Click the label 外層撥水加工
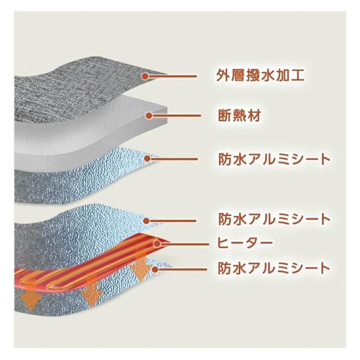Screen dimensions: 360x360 [260, 75]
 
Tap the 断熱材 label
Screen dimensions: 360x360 [240, 115]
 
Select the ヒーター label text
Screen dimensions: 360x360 [245, 243]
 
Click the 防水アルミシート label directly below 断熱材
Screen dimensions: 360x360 [274, 159]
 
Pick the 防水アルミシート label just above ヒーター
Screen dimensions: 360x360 [274, 219]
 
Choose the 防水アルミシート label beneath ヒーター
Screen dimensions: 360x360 [274, 268]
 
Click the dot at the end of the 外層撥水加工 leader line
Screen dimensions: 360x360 [145, 76]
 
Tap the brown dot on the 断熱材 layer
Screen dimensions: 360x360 [149, 115]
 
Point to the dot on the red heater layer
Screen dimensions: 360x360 [157, 244]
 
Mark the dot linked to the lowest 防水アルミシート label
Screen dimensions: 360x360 [155, 269]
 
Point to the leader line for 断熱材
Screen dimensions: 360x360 [176, 115]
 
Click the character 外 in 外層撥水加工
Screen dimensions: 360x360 [223, 75]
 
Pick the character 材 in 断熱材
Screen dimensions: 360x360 [254, 115]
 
